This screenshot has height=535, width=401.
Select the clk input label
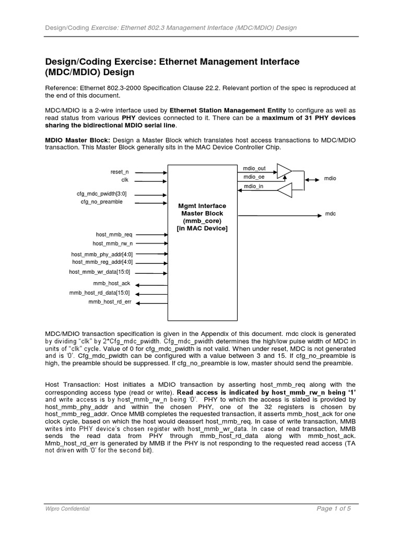pos(125,179)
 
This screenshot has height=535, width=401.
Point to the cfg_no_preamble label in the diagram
pos(102,202)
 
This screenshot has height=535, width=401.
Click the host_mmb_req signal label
pos(114,235)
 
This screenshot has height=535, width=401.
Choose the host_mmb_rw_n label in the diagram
pos(112,243)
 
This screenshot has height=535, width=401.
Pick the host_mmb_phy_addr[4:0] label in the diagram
pos(102,254)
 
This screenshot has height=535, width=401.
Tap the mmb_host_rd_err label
pos(110,302)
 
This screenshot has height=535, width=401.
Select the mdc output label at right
pos(330,214)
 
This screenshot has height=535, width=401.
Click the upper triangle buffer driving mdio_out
pos(284,170)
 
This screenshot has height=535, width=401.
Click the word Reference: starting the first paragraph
pos(60,89)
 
